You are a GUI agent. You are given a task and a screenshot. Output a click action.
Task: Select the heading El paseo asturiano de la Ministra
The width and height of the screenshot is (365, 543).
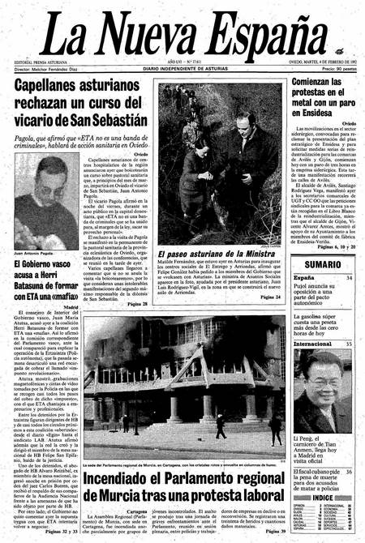pyautogui.click(x=212, y=277)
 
